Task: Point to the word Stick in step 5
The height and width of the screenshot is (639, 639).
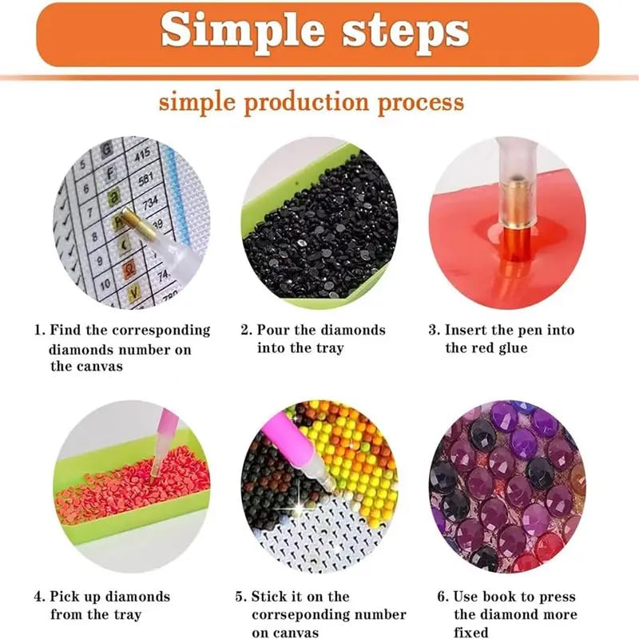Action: (271, 597)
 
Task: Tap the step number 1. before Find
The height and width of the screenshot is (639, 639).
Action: (38, 330)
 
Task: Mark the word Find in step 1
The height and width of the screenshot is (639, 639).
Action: (65, 330)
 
